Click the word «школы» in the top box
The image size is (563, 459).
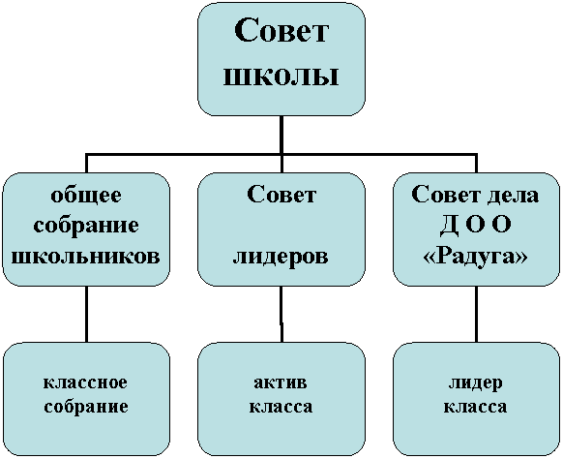click(x=281, y=76)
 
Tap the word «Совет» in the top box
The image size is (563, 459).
click(x=281, y=31)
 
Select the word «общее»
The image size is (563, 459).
click(x=86, y=197)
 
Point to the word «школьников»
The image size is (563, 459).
click(x=86, y=257)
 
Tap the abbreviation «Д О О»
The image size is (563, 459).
click(x=475, y=226)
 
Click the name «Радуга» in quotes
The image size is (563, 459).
click(x=476, y=257)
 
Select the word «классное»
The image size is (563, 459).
click(x=85, y=382)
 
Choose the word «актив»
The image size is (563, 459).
click(x=281, y=382)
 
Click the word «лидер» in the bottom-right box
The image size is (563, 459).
click(x=475, y=383)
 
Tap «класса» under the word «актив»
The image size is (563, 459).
click(x=281, y=407)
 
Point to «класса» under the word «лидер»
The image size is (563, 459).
click(x=475, y=407)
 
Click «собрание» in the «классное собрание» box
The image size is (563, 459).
click(x=86, y=408)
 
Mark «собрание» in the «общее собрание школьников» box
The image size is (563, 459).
click(x=86, y=227)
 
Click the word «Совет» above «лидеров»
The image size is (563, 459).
click(x=281, y=196)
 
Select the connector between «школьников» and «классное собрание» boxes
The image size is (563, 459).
click(x=86, y=314)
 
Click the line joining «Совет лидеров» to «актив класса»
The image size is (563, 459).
click(x=281, y=314)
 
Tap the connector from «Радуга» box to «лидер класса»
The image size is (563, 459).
click(x=476, y=314)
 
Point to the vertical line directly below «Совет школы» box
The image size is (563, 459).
click(x=281, y=135)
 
